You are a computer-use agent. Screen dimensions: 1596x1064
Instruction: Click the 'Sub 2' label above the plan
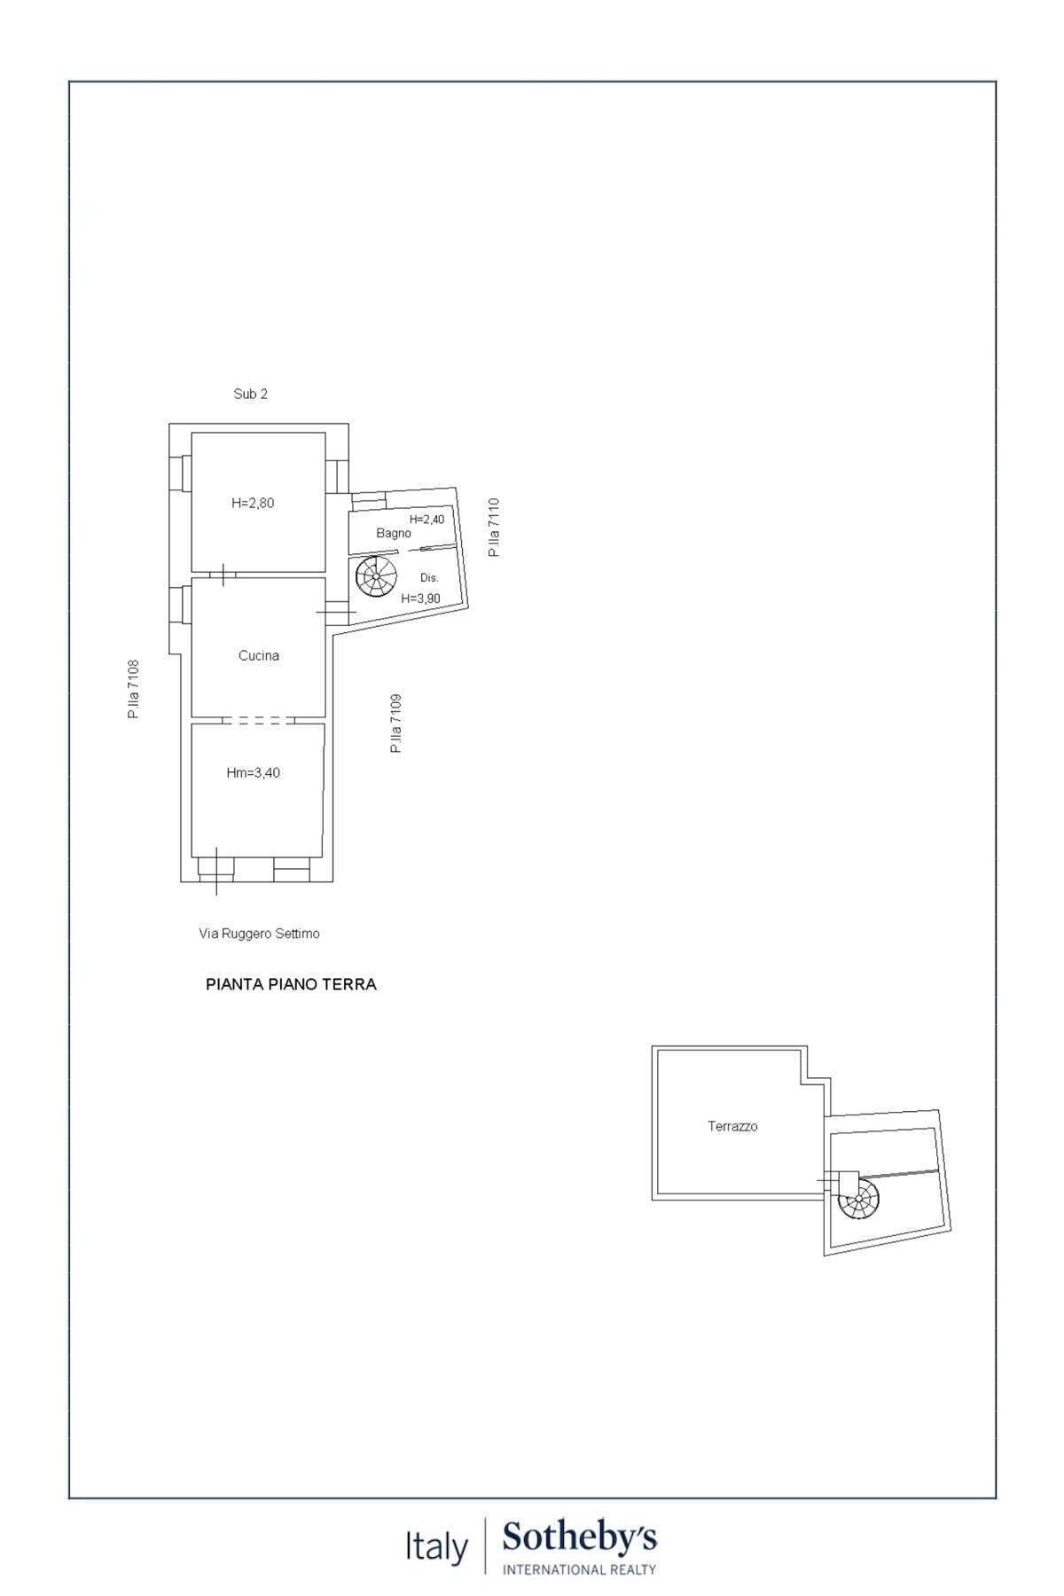pyautogui.click(x=250, y=394)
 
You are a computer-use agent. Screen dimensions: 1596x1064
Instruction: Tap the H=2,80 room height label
pyautogui.click(x=253, y=503)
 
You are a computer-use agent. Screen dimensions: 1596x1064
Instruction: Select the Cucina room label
pyautogui.click(x=259, y=655)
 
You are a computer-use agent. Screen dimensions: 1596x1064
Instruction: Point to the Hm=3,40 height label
pyautogui.click(x=253, y=772)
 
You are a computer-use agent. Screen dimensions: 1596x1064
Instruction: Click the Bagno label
pyautogui.click(x=394, y=533)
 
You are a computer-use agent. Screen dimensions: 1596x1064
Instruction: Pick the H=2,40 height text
pyautogui.click(x=426, y=519)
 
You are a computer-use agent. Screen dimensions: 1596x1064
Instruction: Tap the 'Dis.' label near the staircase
pyautogui.click(x=429, y=577)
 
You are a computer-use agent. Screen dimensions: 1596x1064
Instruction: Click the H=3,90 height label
pyautogui.click(x=420, y=598)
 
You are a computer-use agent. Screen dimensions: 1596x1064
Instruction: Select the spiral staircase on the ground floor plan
pyautogui.click(x=376, y=576)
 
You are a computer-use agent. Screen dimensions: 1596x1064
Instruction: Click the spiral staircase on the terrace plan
pyautogui.click(x=858, y=1203)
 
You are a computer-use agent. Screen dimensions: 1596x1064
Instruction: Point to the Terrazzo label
pyautogui.click(x=732, y=1126)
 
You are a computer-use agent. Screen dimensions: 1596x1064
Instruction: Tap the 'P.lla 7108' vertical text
pyautogui.click(x=134, y=688)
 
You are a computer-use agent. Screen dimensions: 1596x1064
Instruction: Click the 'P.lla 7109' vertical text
pyautogui.click(x=396, y=724)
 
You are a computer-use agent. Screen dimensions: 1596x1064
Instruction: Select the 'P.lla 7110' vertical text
pyautogui.click(x=494, y=527)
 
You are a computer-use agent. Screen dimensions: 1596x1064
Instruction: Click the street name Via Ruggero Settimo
pyautogui.click(x=259, y=933)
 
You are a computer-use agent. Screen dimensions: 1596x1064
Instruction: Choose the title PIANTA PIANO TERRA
pyautogui.click(x=291, y=984)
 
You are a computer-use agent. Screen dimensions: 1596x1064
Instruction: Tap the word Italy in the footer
pyautogui.click(x=436, y=1548)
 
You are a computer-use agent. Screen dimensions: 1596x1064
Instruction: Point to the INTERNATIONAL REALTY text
pyautogui.click(x=580, y=1569)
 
